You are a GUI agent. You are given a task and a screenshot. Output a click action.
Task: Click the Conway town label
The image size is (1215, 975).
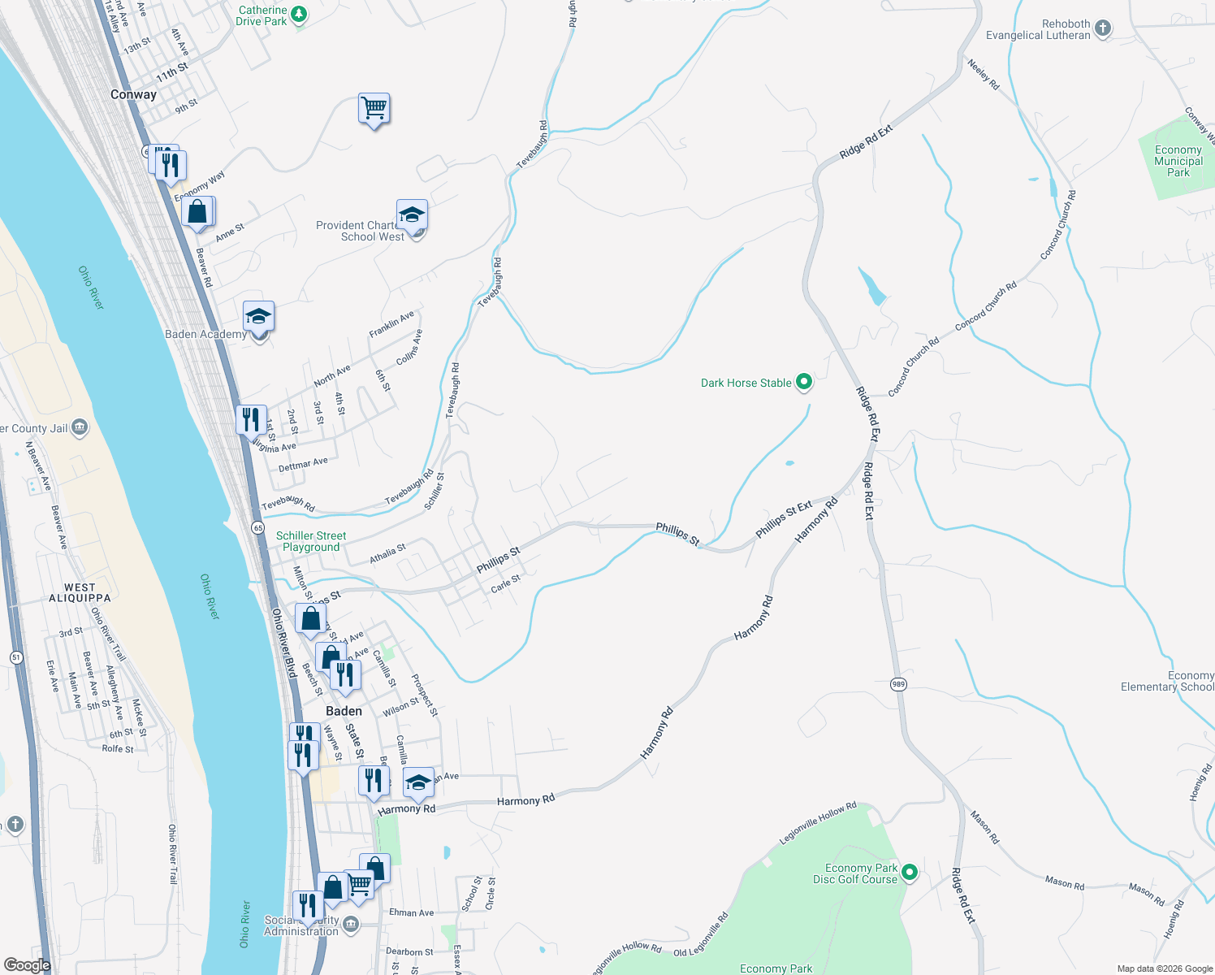pyautogui.click(x=133, y=94)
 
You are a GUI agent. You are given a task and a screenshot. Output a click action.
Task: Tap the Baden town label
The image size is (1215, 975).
pyautogui.click(x=344, y=711)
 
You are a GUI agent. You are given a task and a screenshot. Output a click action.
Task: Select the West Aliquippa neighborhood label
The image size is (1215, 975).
pyautogui.click(x=80, y=592)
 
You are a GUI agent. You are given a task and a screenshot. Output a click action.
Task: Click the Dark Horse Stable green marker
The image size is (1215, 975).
pyautogui.click(x=803, y=382)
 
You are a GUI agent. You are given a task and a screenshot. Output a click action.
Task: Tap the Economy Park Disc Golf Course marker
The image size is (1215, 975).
pyautogui.click(x=910, y=873)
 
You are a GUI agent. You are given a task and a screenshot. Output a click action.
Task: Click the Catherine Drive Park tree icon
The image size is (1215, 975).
pyautogui.click(x=299, y=14)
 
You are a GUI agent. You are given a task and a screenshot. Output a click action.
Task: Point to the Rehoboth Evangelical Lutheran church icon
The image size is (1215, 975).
pyautogui.click(x=1102, y=28)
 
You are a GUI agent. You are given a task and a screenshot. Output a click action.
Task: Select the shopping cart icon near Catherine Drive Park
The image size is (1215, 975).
pyautogui.click(x=374, y=108)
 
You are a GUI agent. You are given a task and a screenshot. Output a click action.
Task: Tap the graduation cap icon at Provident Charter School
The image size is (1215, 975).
pyautogui.click(x=412, y=215)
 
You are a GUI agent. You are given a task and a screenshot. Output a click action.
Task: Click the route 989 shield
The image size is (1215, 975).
pyautogui.click(x=897, y=684)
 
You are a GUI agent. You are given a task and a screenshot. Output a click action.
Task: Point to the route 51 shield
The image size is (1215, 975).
pyautogui.click(x=16, y=656)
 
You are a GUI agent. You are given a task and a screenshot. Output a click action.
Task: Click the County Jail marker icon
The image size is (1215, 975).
pyautogui.click(x=80, y=427)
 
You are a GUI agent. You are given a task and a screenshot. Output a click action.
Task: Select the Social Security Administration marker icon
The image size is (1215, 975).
pyautogui.click(x=350, y=924)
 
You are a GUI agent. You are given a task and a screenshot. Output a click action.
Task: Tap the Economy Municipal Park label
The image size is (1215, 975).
pyautogui.click(x=1178, y=161)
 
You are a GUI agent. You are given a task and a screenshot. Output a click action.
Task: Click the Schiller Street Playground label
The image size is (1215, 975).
pyautogui.click(x=311, y=541)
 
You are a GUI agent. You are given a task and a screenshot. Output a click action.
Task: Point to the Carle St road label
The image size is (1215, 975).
pyautogui.click(x=505, y=583)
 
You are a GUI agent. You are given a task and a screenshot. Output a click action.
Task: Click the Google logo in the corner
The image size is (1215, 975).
pyautogui.click(x=27, y=965)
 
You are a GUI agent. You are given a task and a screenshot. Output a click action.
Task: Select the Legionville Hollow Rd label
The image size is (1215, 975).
pyautogui.click(x=818, y=823)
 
